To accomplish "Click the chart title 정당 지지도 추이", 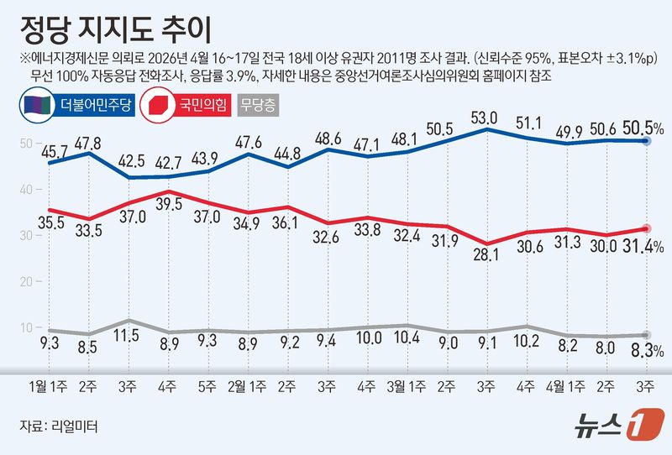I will pos(117,26).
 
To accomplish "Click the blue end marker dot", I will pos(646,142).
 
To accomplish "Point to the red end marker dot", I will pos(646,228).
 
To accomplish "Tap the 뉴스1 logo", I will pos(618,425).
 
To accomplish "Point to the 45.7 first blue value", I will pos(53,152).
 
